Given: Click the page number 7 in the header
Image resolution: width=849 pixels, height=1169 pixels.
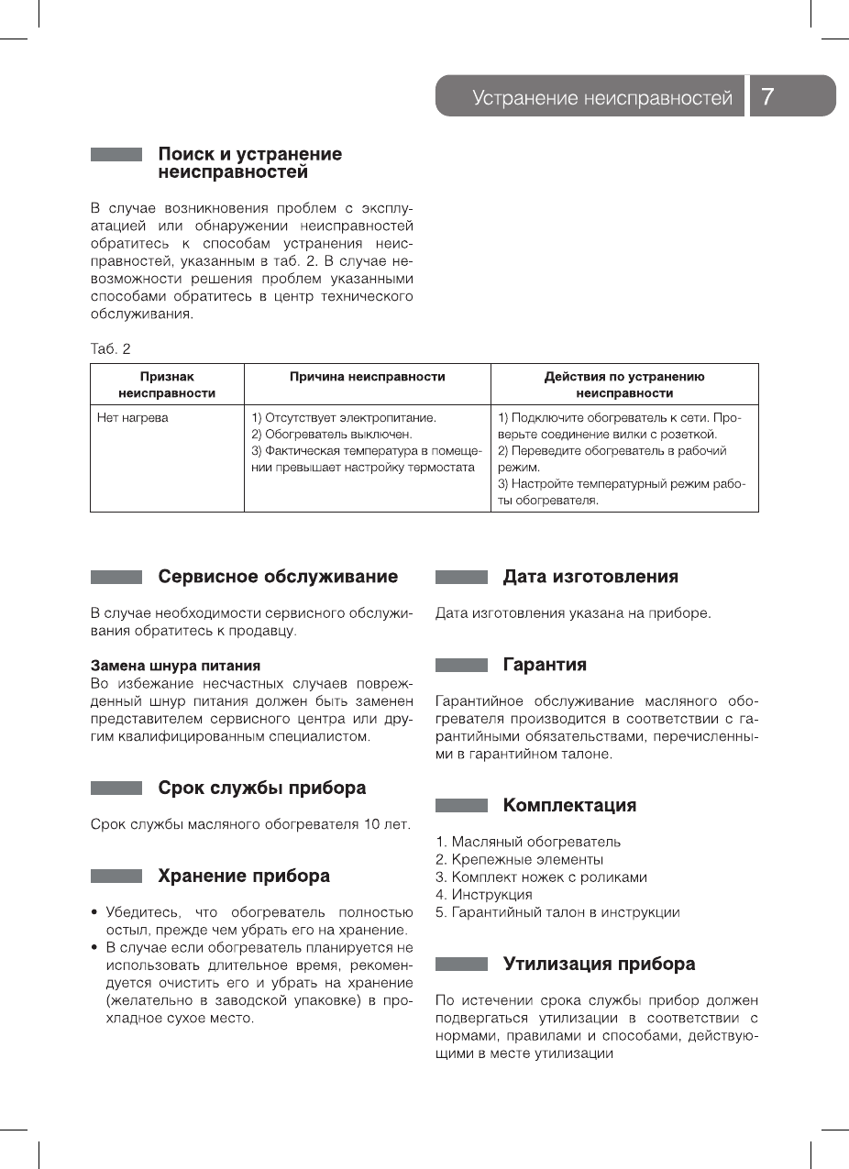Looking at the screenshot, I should pos(768,97).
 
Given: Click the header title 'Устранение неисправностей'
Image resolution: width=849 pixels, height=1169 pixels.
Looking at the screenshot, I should pos(601,98).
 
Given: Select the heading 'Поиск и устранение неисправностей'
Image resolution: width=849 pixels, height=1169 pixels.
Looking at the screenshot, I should pos(249,163).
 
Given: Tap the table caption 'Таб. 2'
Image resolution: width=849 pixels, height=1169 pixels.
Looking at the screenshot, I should pos(110,349).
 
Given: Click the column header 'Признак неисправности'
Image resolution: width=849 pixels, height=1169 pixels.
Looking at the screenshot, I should pos(167,385).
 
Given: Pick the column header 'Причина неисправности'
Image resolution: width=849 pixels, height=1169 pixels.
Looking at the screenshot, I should pos(367,377).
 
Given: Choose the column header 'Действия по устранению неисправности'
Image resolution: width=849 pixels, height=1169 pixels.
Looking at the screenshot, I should pos(624,385).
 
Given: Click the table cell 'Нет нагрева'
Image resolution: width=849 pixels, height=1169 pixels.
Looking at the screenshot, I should pos(133,418).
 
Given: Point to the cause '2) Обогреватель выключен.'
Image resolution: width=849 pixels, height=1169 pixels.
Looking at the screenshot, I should pos(332,435).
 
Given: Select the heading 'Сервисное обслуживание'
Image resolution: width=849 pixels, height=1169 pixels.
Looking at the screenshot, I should pos(278,577).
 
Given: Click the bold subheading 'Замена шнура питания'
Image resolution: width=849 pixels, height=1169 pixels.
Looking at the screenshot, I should pos(175,665).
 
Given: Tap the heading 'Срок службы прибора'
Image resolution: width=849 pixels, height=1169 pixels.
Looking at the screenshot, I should pos(261,788).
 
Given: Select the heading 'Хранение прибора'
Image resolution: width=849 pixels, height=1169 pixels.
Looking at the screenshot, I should pos(244,876).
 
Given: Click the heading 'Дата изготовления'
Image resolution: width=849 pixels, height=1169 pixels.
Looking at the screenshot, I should pos(590,577).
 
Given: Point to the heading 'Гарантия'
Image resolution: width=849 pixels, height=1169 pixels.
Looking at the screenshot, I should pos(545,665).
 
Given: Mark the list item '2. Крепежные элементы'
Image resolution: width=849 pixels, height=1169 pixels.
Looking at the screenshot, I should pos(519,859).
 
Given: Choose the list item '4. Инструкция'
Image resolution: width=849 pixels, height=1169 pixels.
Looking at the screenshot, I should pos(483,894).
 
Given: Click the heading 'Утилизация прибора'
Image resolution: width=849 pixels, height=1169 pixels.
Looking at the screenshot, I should pos(599,964).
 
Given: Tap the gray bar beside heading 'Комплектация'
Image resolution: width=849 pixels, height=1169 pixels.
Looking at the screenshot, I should pos(461,806).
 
